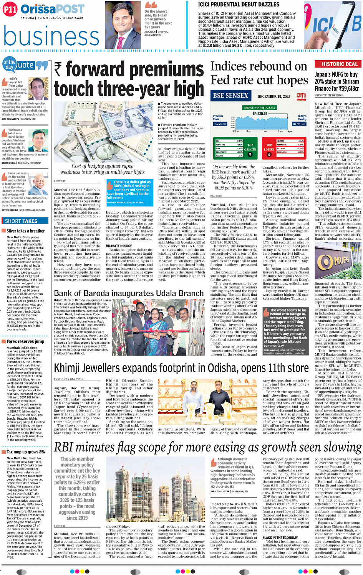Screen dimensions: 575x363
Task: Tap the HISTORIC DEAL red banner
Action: point(338,64)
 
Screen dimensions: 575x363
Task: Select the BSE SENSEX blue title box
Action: point(230,96)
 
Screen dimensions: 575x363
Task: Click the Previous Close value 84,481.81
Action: point(220,124)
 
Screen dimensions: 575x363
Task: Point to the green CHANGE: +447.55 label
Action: point(259,108)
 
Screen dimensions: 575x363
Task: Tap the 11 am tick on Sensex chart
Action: point(249,132)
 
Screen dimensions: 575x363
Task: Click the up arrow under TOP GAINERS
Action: point(250,155)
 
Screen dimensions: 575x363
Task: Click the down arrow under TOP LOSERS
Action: point(269,155)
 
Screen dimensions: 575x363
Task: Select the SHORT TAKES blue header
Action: point(22,221)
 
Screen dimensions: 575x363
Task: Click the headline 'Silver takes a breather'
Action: point(25,231)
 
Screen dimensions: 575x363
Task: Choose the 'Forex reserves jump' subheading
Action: point(25,341)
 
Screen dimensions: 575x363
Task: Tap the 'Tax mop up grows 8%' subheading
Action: point(25,452)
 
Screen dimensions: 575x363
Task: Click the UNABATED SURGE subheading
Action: point(119,246)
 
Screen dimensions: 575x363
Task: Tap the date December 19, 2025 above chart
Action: point(274,97)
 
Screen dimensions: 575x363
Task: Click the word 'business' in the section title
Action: point(51,37)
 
